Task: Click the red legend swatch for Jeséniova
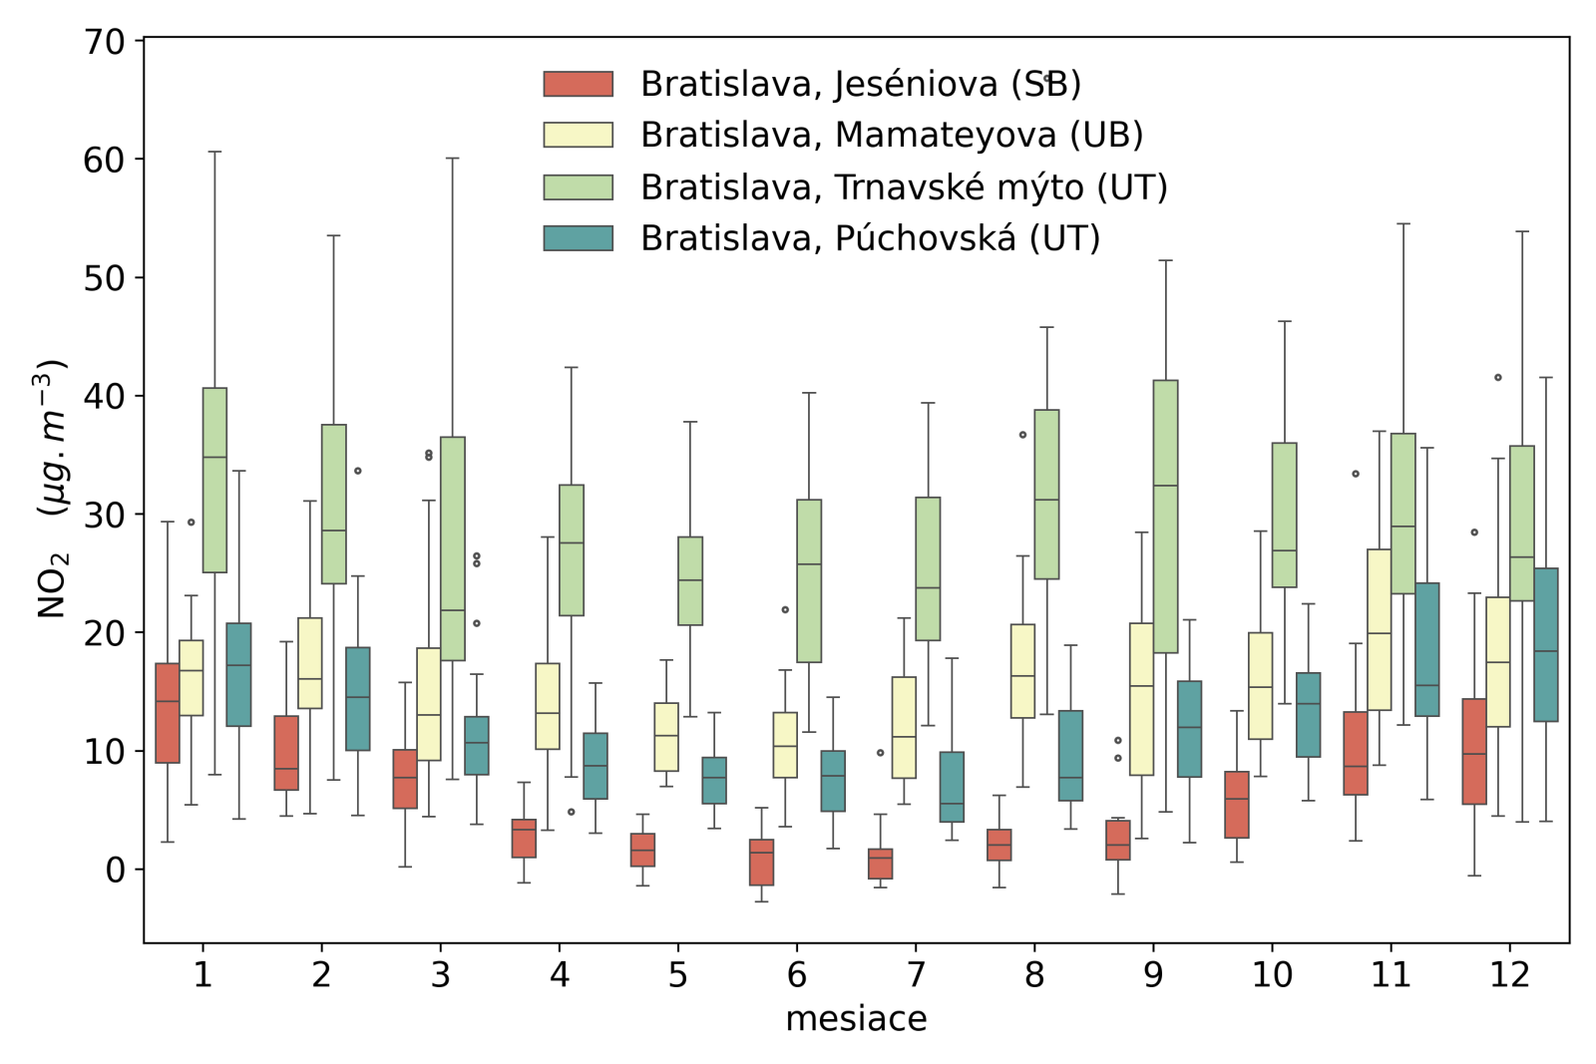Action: click(x=578, y=84)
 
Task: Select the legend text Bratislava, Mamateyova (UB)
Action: click(x=891, y=135)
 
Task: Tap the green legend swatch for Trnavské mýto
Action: click(x=578, y=186)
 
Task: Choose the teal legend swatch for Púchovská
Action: click(x=578, y=238)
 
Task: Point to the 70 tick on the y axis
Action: click(x=105, y=42)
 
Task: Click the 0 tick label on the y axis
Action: click(x=115, y=870)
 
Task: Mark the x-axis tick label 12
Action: click(x=1509, y=974)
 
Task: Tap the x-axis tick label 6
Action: click(x=796, y=974)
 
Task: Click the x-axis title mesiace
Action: click(x=856, y=1019)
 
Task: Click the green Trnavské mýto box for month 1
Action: click(x=214, y=480)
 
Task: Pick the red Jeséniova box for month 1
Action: click(x=168, y=713)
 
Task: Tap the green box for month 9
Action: click(x=1165, y=517)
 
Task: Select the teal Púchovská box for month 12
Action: click(x=1546, y=644)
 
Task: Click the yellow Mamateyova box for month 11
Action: click(x=1379, y=629)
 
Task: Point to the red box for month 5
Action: click(x=642, y=850)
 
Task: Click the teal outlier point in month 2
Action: click(x=358, y=471)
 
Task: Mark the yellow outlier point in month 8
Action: click(x=1022, y=435)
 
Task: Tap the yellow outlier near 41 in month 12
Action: click(x=1497, y=378)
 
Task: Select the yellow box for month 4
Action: click(x=548, y=706)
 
